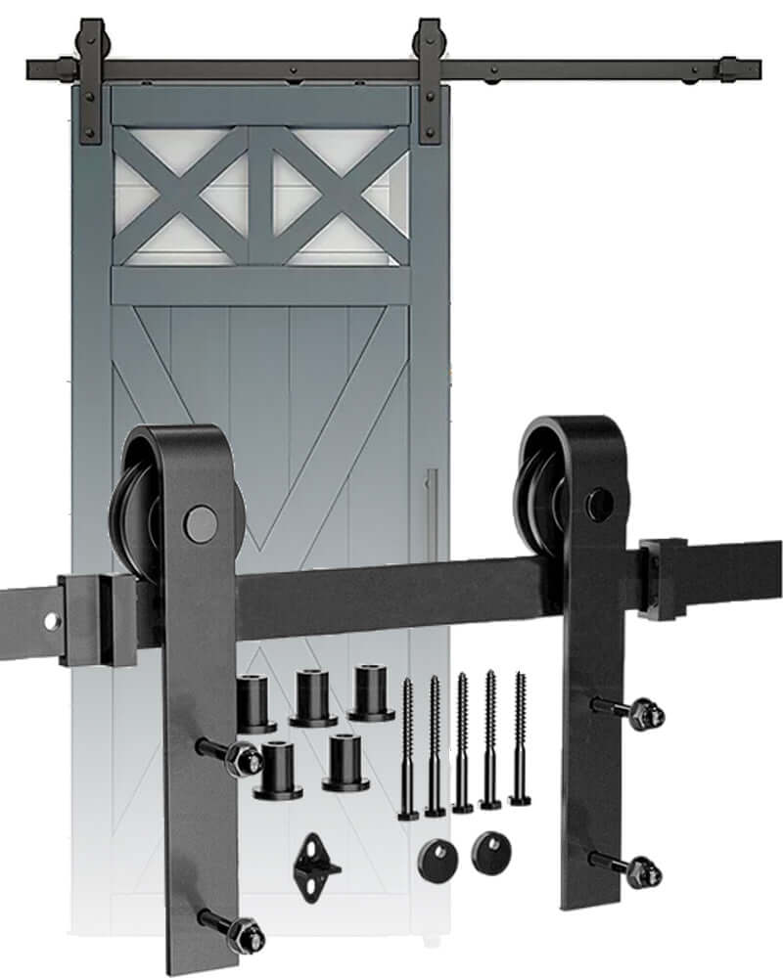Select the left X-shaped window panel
pos(181,196)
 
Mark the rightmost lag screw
pos(520,738)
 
